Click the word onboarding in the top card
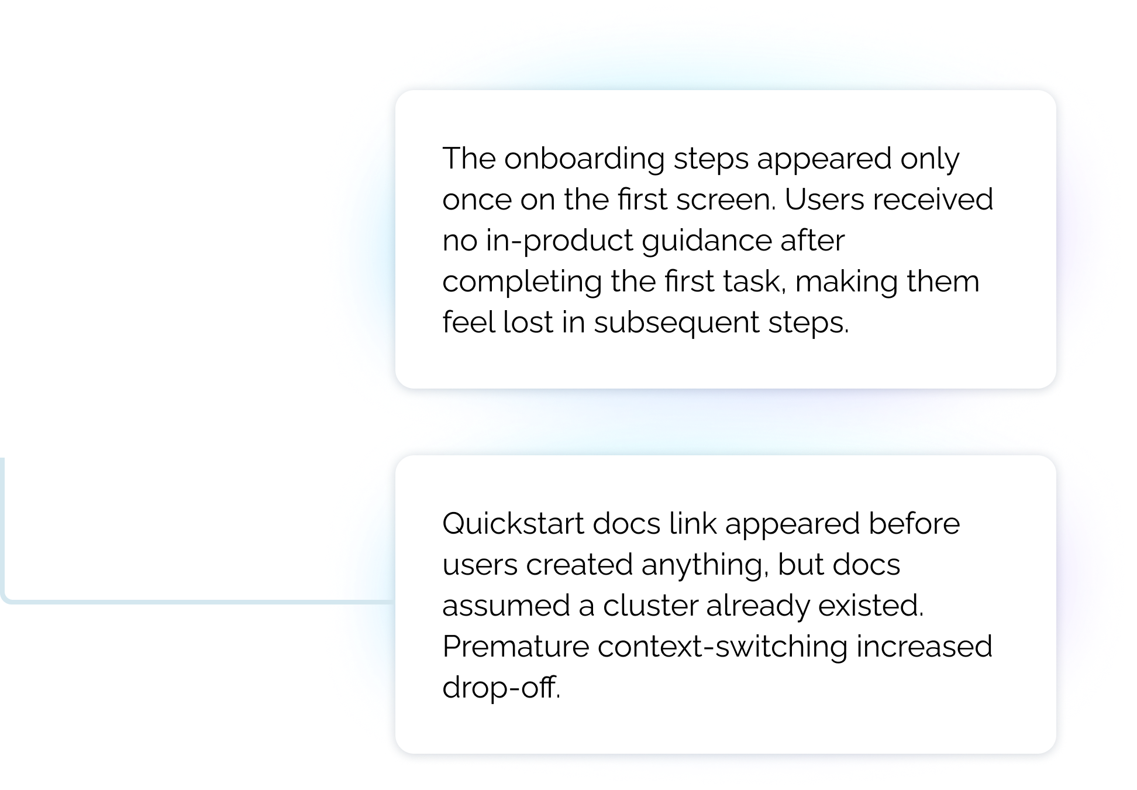pyautogui.click(x=584, y=159)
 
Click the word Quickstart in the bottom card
pyautogui.click(x=513, y=524)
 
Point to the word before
pyautogui.click(x=914, y=524)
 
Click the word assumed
pyautogui.click(x=506, y=606)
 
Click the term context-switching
pyautogui.click(x=722, y=647)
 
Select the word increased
pyautogui.click(x=924, y=647)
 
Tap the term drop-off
pyautogui.click(x=501, y=688)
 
